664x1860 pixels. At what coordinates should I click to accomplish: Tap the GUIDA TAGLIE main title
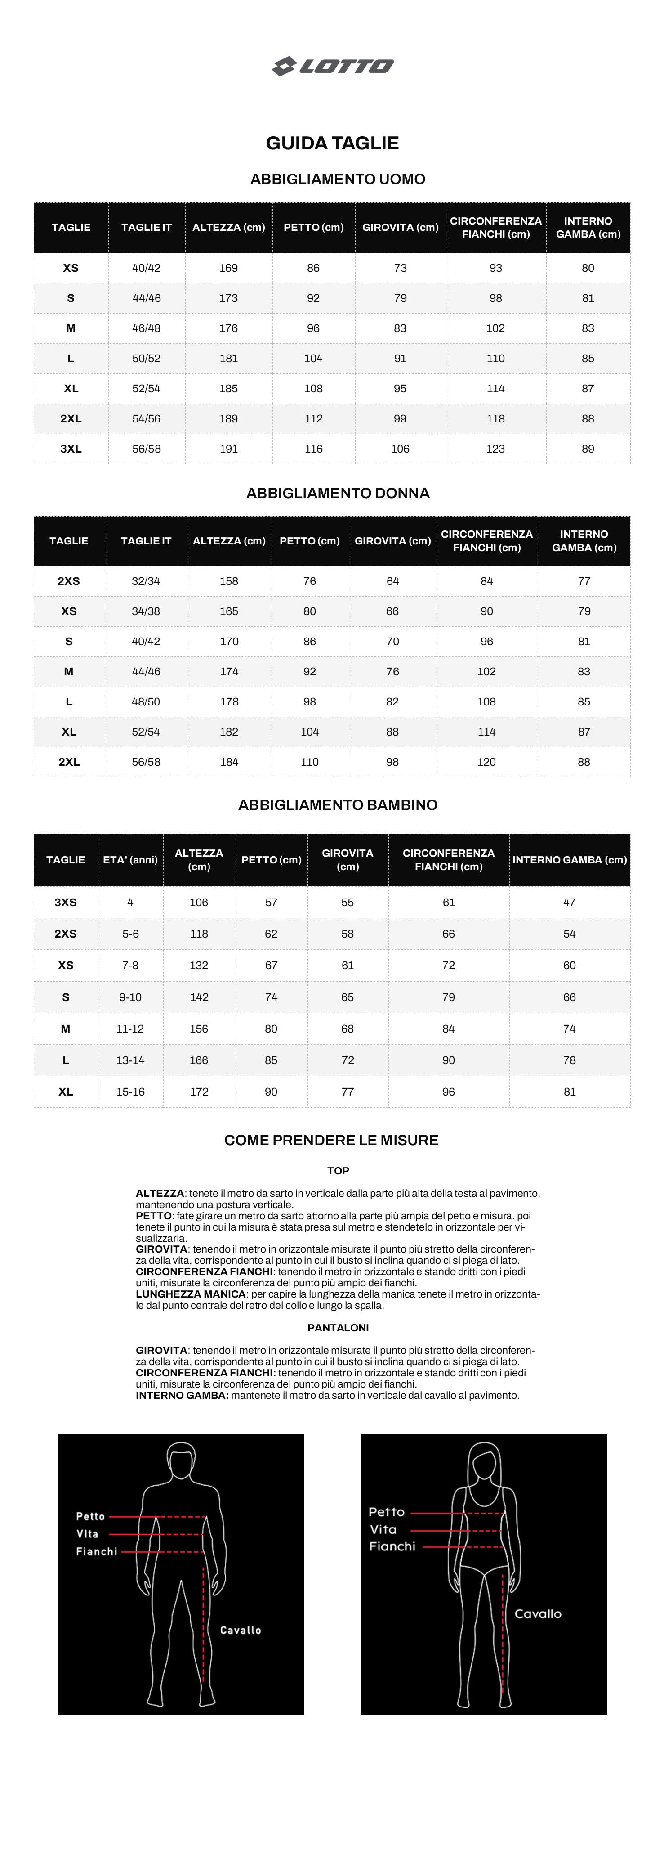(x=332, y=143)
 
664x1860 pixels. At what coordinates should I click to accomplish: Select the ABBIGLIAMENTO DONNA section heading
(x=338, y=493)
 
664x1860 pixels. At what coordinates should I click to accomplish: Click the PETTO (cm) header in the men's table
(x=313, y=228)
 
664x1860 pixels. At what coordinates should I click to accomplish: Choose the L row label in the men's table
(x=71, y=358)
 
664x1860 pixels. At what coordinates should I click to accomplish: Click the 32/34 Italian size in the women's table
(x=146, y=581)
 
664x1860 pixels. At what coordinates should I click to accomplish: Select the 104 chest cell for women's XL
(x=310, y=732)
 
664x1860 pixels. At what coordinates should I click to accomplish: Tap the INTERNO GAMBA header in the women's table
(x=584, y=541)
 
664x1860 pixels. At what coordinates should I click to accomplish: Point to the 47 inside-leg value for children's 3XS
(x=570, y=903)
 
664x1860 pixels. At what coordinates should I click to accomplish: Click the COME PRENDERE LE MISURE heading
(x=331, y=1140)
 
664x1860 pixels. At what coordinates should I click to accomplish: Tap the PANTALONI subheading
(x=338, y=1327)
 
